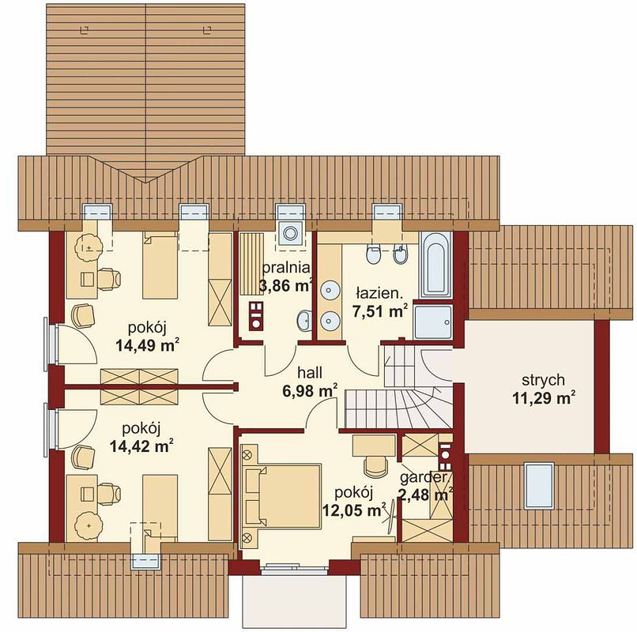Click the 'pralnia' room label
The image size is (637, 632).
tap(286, 268)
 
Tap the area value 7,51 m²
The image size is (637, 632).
tap(380, 311)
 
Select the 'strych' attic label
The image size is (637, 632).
tap(543, 380)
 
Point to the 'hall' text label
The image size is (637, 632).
tap(310, 372)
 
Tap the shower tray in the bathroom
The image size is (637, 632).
tap(433, 322)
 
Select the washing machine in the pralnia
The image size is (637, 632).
tap(290, 233)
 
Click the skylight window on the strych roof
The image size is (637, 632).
tap(539, 485)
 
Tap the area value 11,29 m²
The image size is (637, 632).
tap(544, 398)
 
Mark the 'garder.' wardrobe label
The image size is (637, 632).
tap(424, 477)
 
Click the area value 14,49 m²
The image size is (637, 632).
tap(148, 346)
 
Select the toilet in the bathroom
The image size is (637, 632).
tap(372, 254)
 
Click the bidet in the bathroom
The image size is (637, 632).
tap(401, 254)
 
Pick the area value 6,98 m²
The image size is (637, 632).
tap(310, 391)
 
